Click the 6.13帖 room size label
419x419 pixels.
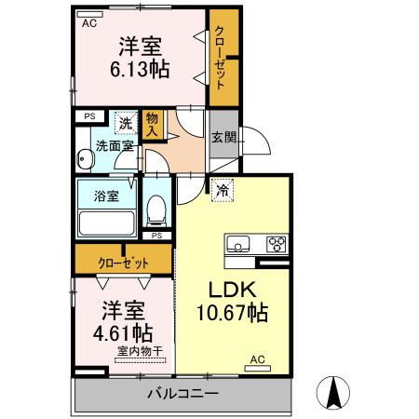tap(140, 69)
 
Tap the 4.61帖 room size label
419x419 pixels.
tap(123, 332)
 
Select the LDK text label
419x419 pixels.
tap(233, 290)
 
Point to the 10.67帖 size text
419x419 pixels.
tap(233, 313)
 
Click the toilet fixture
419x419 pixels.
tap(156, 210)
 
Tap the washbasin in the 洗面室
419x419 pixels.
tap(84, 159)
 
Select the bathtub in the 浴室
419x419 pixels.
tap(107, 223)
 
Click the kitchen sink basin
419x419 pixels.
tap(238, 244)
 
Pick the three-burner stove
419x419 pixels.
tap(277, 244)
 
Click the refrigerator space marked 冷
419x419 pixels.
tap(223, 190)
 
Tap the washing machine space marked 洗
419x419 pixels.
tap(126, 123)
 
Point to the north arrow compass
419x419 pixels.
tap(333, 393)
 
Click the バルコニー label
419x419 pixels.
tap(183, 394)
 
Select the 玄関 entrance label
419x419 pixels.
tap(224, 137)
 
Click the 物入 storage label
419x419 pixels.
tap(152, 125)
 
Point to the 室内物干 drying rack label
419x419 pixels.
tap(140, 351)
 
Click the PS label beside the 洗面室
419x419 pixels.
tap(89, 116)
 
